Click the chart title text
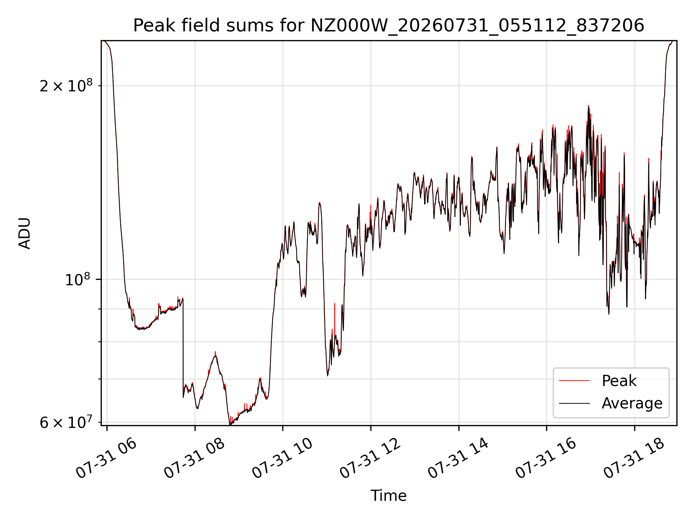click(x=389, y=26)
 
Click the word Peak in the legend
click(x=619, y=381)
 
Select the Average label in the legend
click(x=632, y=403)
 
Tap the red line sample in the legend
click(x=574, y=381)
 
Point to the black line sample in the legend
click(x=574, y=403)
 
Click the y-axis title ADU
click(x=25, y=233)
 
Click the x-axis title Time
click(x=388, y=496)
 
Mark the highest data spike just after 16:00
click(x=588, y=106)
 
